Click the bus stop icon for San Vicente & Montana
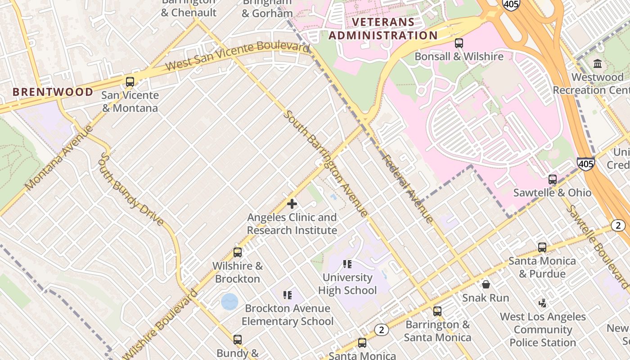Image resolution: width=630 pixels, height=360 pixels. click(x=130, y=82)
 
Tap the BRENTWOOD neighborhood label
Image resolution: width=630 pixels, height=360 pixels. click(x=53, y=92)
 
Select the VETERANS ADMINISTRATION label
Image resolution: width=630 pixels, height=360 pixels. click(x=382, y=29)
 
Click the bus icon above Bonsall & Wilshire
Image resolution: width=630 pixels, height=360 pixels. click(x=459, y=43)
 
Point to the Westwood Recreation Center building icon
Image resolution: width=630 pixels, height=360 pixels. click(x=598, y=63)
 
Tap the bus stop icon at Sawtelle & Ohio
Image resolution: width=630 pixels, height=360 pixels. click(x=552, y=179)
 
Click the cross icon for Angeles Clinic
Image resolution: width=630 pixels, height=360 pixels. click(x=292, y=204)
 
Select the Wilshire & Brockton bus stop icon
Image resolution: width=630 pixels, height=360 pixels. click(x=237, y=252)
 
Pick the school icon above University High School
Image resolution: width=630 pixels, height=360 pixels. click(x=347, y=264)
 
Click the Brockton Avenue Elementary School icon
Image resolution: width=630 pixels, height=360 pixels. click(x=288, y=295)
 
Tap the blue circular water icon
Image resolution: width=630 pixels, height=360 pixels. click(x=229, y=301)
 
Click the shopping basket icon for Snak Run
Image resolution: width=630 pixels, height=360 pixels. click(x=486, y=284)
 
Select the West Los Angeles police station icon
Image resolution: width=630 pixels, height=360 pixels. click(x=543, y=303)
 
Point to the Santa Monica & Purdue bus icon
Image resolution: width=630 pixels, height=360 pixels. click(x=542, y=247)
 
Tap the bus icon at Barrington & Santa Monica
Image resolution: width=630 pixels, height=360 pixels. click(x=437, y=311)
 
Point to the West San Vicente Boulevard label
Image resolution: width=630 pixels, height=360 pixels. click(x=237, y=55)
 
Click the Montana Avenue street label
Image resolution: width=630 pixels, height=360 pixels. click(x=58, y=157)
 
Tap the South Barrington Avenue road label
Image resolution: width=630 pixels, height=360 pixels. click(x=325, y=163)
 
